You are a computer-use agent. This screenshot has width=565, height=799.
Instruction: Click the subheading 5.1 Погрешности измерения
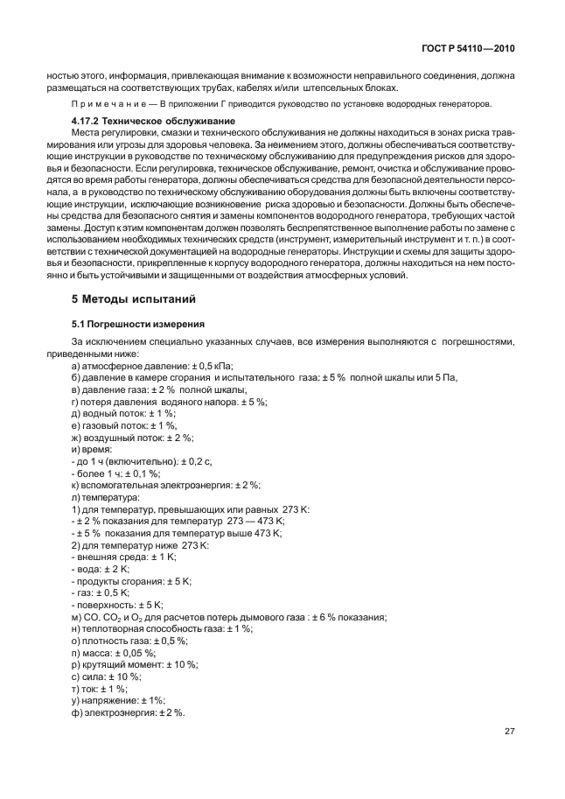(137, 324)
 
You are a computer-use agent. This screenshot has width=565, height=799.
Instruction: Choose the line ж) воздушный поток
(132, 437)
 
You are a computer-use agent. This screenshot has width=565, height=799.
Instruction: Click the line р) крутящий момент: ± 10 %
(135, 663)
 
